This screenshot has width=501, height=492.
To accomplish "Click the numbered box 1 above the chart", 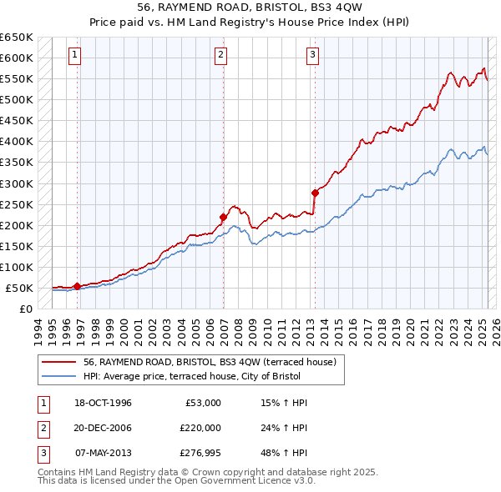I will click(75, 56).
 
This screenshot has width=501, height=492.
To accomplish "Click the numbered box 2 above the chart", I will click(220, 56).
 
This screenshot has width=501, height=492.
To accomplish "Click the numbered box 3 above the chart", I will click(312, 56).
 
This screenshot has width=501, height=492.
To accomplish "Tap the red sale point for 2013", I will click(315, 193).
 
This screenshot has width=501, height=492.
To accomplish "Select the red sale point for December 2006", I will click(224, 217).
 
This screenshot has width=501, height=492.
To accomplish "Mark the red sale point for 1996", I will click(78, 286).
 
